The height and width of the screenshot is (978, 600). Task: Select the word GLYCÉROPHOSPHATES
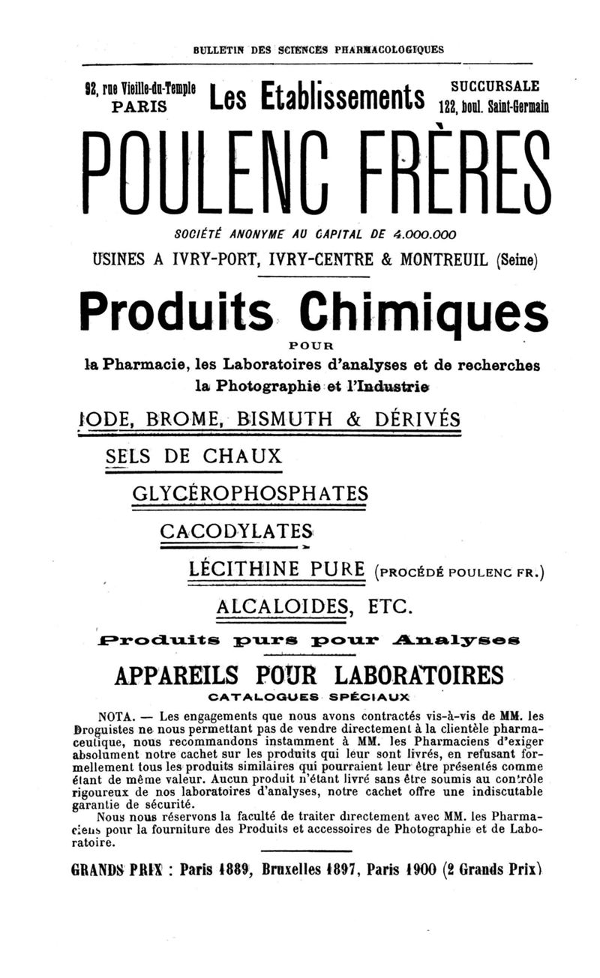tap(250, 493)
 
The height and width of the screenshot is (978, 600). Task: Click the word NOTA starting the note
tap(116, 715)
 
